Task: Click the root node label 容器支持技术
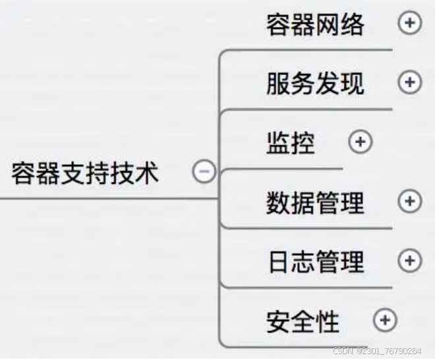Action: click(x=85, y=173)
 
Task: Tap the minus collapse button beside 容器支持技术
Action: click(x=204, y=172)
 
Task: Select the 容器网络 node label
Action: click(x=315, y=24)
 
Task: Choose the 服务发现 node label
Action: click(x=315, y=83)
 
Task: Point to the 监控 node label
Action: click(x=291, y=142)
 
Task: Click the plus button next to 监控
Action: click(x=361, y=142)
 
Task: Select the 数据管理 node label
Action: click(x=315, y=202)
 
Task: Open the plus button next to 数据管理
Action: click(x=410, y=201)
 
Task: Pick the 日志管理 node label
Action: click(x=315, y=260)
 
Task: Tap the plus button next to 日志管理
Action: click(x=410, y=260)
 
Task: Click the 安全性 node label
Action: click(x=303, y=321)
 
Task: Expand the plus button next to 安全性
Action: click(x=386, y=320)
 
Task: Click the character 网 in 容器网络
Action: click(x=328, y=24)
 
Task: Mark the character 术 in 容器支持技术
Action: click(x=146, y=173)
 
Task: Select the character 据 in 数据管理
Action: click(x=303, y=202)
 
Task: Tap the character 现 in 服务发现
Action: click(x=352, y=83)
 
